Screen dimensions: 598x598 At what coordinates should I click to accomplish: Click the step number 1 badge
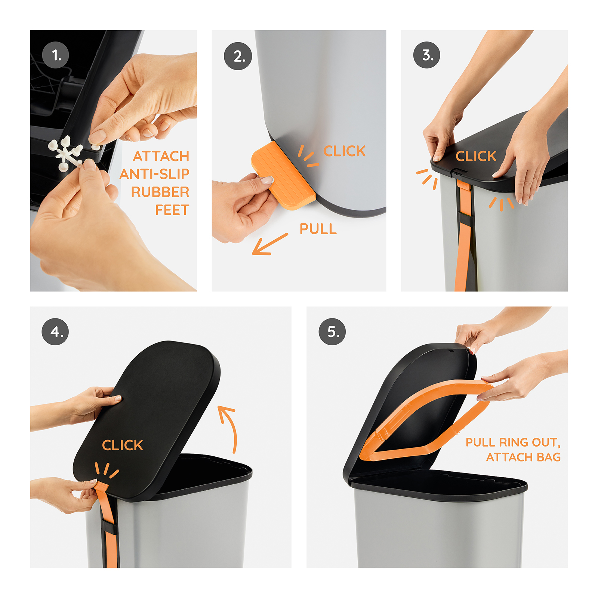(56, 55)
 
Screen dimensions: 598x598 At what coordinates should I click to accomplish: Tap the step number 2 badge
(238, 56)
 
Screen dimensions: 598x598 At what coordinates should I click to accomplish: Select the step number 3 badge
(427, 55)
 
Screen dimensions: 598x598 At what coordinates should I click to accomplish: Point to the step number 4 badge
(55, 332)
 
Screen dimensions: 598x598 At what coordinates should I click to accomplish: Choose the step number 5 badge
(332, 332)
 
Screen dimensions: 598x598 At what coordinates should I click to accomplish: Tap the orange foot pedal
(283, 176)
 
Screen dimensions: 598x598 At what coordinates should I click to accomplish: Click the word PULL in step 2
(318, 229)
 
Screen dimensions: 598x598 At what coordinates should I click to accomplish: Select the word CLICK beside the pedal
(344, 151)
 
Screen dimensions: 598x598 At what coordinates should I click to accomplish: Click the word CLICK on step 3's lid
(476, 156)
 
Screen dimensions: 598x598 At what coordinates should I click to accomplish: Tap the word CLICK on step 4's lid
(122, 445)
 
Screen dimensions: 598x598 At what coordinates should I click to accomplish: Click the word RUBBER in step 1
(160, 192)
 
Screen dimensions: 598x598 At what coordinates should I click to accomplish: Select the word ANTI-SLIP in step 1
(154, 174)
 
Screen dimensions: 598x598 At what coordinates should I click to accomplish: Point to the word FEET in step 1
(172, 210)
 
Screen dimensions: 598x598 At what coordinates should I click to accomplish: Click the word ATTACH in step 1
(161, 156)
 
